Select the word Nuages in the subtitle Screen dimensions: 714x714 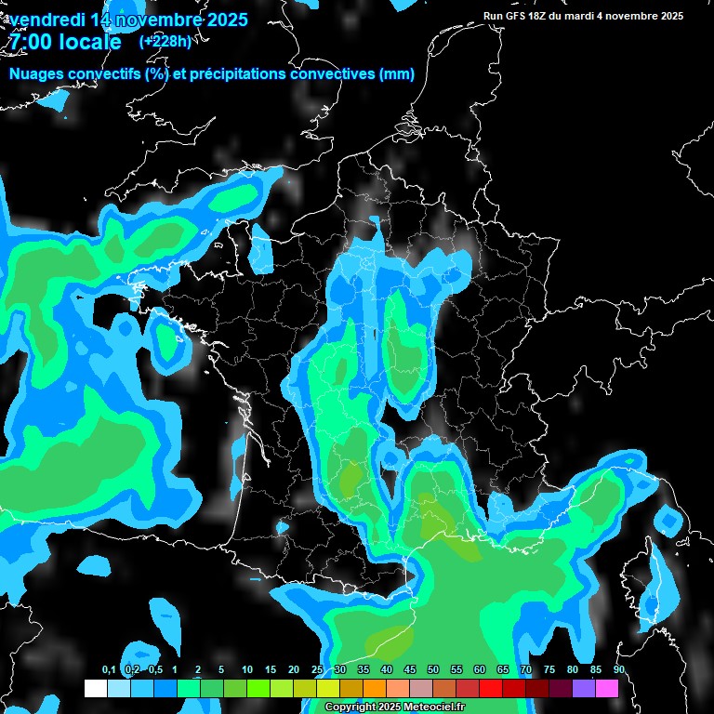37,74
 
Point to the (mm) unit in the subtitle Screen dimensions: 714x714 397,74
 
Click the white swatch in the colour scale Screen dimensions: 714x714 95,688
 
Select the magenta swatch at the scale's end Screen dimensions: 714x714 607,688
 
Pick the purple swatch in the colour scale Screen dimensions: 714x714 584,688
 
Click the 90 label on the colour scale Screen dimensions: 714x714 619,669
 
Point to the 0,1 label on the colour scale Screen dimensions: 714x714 109,669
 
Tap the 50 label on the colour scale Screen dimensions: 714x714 433,669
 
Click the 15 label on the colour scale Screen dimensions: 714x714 271,669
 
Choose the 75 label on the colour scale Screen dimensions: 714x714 549,669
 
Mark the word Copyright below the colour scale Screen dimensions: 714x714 350,707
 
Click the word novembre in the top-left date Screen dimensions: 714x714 156,20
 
